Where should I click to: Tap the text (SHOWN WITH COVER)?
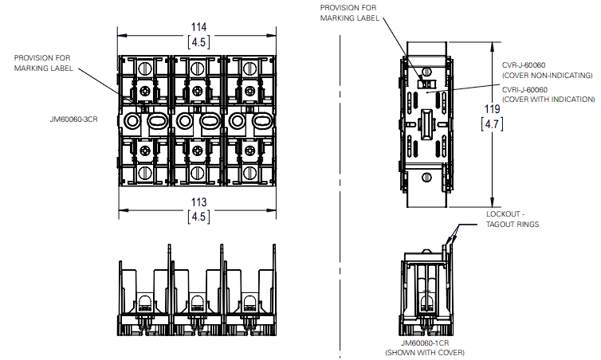coord(425,352)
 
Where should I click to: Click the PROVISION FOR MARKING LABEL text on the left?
coord(43,63)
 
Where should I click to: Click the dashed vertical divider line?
coord(342,199)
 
